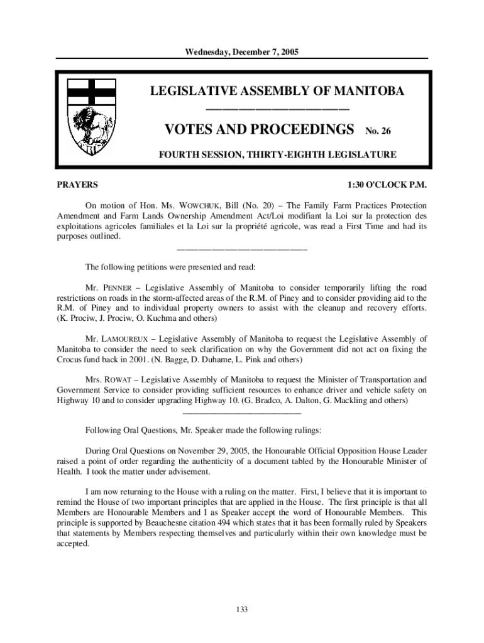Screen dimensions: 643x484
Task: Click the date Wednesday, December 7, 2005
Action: [241, 51]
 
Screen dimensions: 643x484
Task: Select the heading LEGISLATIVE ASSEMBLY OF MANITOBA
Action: [277, 92]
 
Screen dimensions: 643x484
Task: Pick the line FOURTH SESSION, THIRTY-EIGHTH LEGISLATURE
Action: [277, 154]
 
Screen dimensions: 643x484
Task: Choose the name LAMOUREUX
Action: [126, 339]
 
